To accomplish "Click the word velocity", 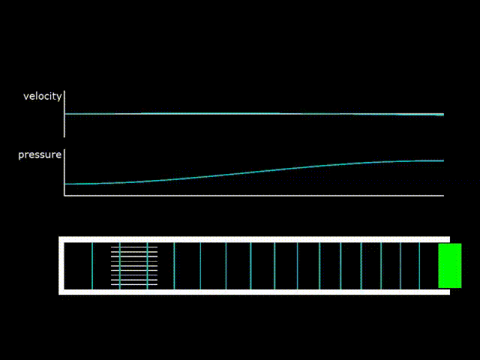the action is (x=42, y=96).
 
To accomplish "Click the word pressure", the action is (x=40, y=154).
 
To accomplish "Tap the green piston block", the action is (x=449, y=265).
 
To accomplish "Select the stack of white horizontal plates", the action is (x=134, y=265).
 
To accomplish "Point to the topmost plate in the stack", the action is (x=134, y=246).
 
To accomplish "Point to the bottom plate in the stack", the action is (x=134, y=285).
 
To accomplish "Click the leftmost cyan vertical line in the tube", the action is (x=92, y=265).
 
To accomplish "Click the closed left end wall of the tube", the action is (x=61, y=265).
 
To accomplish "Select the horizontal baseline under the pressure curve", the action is (x=255, y=196).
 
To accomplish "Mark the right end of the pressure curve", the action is (x=443, y=160).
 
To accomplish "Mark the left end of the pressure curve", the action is (x=67, y=184).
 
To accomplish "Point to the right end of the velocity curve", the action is (x=443, y=115).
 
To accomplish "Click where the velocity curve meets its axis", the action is (x=66, y=114).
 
